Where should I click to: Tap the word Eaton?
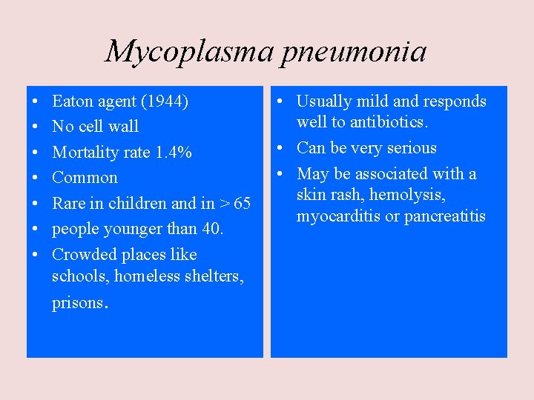72,101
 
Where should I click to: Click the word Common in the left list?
85,178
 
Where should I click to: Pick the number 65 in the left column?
242,204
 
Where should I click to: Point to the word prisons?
79,304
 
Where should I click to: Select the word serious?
412,148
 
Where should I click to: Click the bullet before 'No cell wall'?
36,127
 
